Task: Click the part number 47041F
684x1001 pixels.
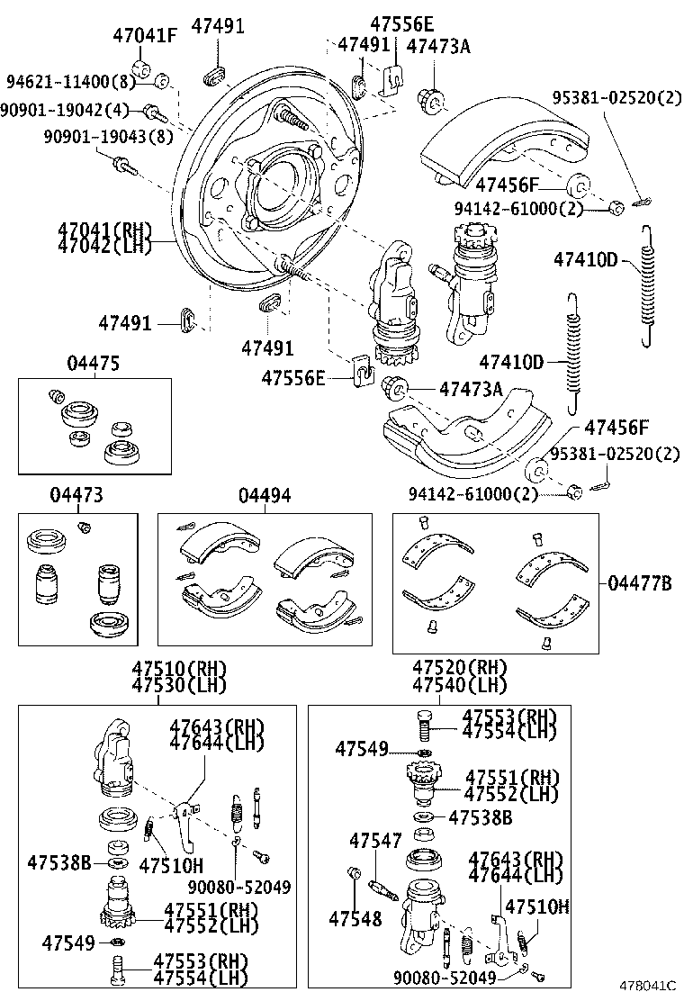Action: click(145, 36)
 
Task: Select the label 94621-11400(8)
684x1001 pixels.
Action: click(70, 82)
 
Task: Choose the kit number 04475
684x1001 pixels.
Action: click(93, 363)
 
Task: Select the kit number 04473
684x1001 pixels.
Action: click(76, 495)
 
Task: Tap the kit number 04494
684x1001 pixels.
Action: click(265, 495)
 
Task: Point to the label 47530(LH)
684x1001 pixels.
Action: click(179, 685)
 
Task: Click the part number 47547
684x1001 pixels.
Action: click(375, 841)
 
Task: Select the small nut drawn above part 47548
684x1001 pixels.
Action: click(353, 872)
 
